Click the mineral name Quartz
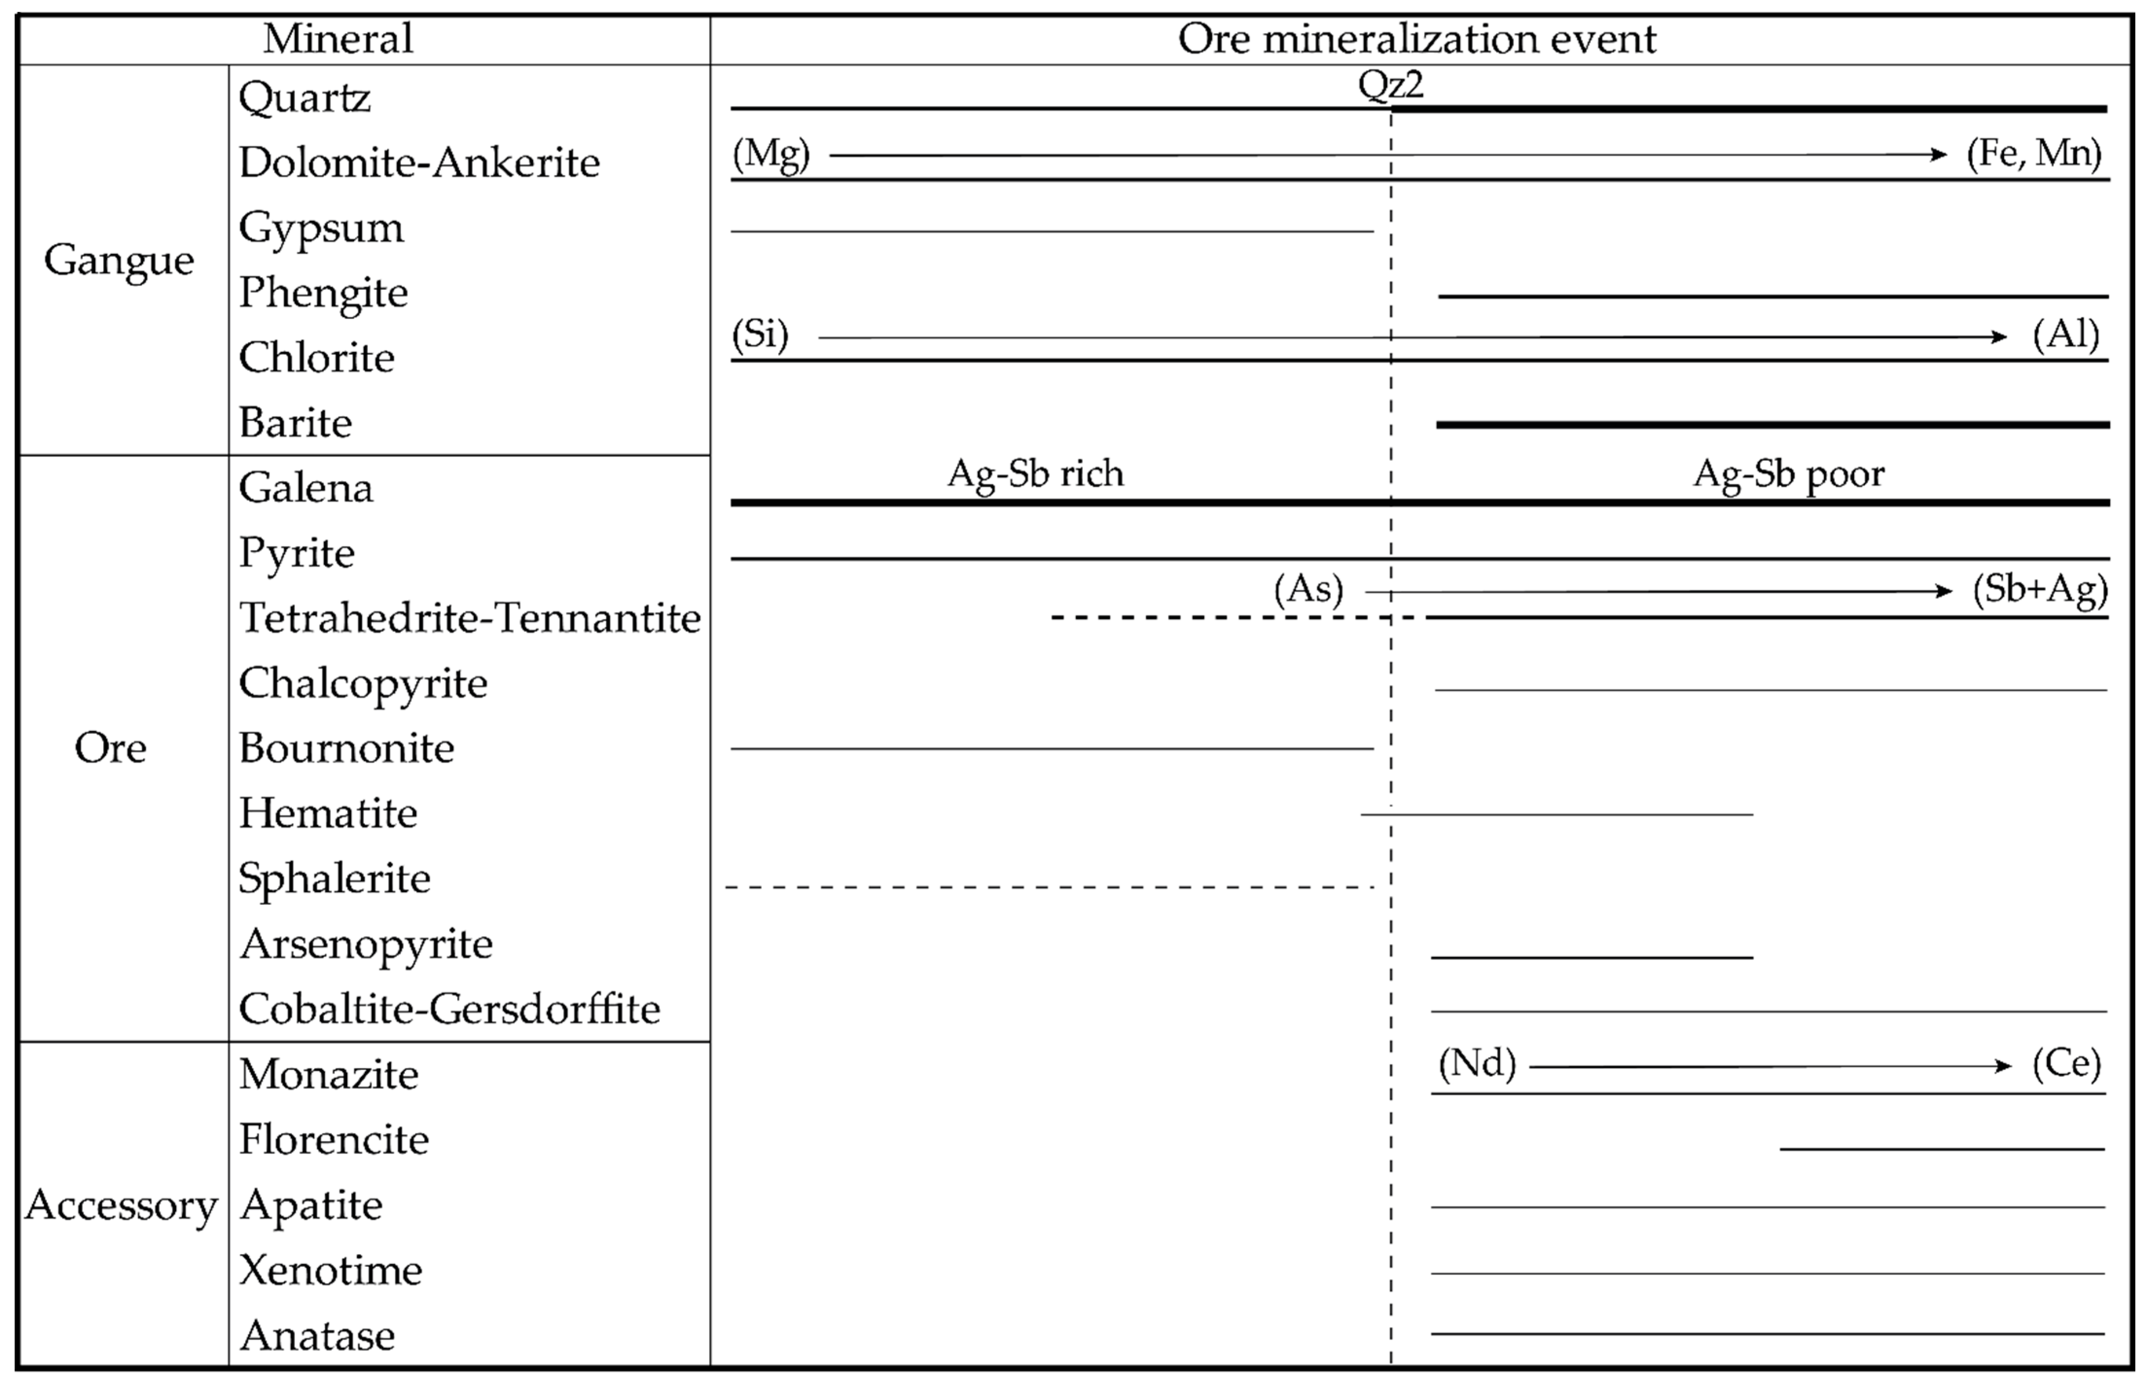click(305, 97)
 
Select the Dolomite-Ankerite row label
click(419, 163)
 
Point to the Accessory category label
click(121, 1205)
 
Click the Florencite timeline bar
click(1941, 1149)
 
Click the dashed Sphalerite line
click(1050, 887)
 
